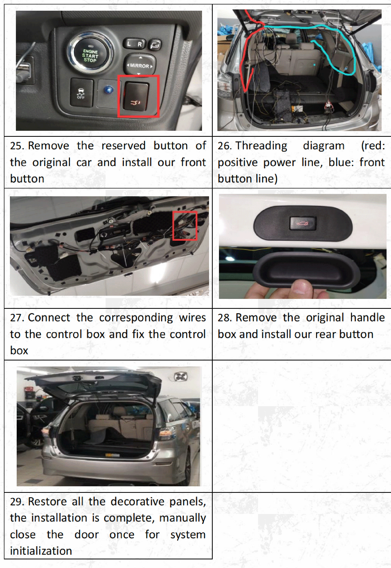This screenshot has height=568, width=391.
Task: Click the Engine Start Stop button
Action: coord(90,55)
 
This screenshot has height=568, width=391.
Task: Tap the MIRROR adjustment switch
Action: coord(139,65)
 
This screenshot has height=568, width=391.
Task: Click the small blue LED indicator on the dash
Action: coord(108,90)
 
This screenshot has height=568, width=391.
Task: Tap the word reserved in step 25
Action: coord(123,146)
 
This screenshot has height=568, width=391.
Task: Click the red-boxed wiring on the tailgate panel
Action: coord(185,226)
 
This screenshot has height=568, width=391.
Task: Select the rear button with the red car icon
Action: coord(303,223)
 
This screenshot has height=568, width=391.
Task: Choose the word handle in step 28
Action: coord(367,318)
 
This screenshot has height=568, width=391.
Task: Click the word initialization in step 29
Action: coord(41,551)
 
